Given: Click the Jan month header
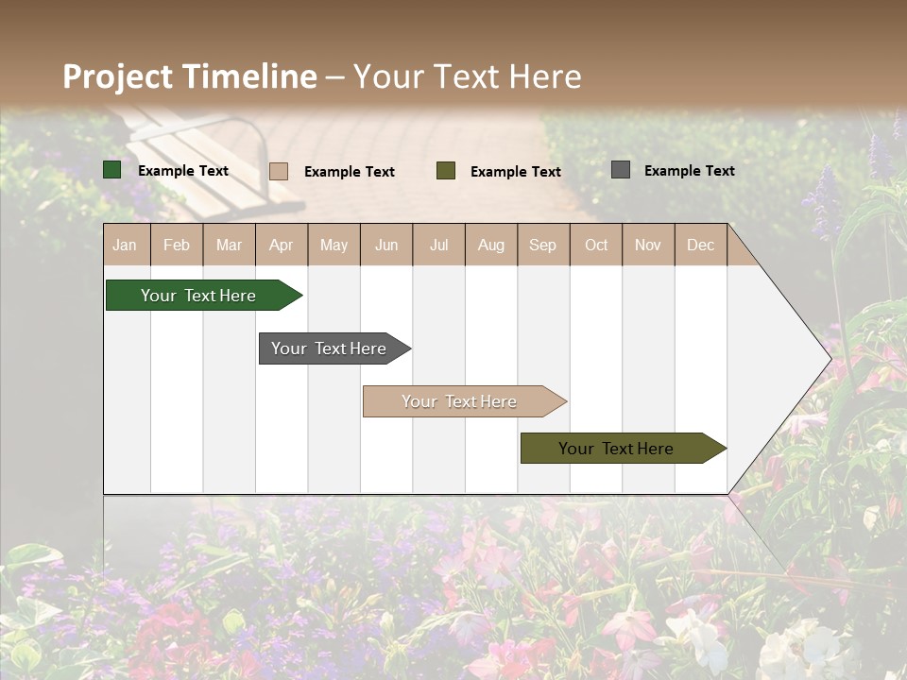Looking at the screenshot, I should pos(125,245).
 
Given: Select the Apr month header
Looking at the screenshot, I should pos(281,245).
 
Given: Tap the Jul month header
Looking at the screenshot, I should pos(438,245).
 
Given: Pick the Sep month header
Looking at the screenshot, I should pos(542,245).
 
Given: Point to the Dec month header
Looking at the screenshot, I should pos(700,245).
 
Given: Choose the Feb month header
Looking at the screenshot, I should pos(177,245).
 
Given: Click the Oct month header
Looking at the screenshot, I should pos(596,245).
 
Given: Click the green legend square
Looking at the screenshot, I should pos(112,170).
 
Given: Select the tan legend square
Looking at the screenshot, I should pos(279,171).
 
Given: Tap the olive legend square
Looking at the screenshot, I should pos(446,171).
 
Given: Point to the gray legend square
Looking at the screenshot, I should pos(621,170).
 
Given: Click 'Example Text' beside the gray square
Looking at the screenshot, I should pos(689,171).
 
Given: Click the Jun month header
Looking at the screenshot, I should pos(386,245).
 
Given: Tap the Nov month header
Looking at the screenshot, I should pos(648,245).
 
